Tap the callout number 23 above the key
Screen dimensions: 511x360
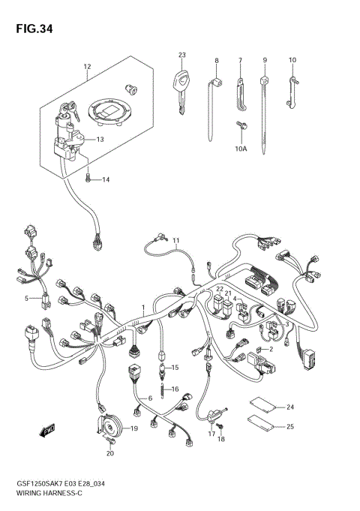[x=182, y=56]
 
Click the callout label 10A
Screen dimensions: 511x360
[x=240, y=149]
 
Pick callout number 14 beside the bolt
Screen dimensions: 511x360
[x=106, y=180]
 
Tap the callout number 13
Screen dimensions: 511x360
[x=100, y=140]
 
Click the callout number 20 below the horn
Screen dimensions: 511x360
[x=110, y=453]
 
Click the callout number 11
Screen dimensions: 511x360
[x=177, y=241]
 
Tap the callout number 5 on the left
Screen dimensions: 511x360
[x=25, y=298]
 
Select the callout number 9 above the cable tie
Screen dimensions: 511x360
[x=264, y=59]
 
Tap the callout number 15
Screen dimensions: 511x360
[x=175, y=368]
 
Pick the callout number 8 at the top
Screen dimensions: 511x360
[x=216, y=59]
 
